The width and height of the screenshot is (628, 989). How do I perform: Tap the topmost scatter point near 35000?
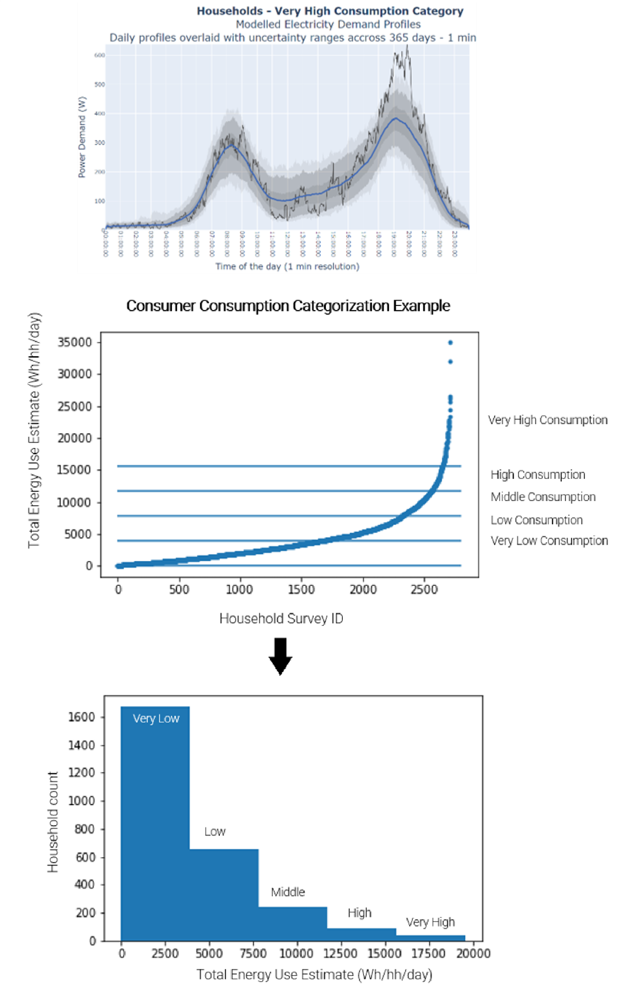[450, 343]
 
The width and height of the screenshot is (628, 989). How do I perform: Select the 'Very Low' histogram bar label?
[156, 718]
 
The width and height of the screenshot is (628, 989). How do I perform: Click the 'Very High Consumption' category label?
[548, 420]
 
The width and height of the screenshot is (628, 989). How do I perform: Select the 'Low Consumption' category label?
[537, 520]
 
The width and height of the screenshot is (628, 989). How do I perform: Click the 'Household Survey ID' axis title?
[281, 618]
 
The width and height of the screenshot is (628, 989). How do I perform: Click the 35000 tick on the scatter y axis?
[75, 342]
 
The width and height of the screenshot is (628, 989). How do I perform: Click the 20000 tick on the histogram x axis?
[473, 953]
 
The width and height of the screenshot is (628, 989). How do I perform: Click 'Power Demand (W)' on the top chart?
[82, 137]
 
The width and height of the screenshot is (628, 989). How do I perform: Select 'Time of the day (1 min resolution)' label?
[287, 266]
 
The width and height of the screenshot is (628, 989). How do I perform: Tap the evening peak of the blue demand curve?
[395, 118]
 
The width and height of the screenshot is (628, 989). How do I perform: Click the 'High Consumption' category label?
[538, 474]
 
